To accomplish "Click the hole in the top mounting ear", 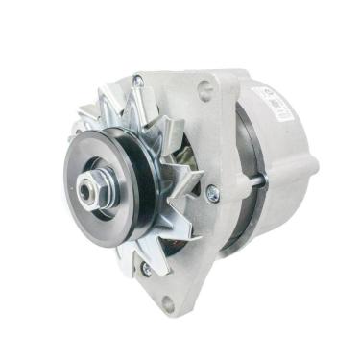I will point(204,92).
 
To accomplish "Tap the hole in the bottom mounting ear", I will point(169,306).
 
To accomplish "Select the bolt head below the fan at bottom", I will point(145,269).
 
